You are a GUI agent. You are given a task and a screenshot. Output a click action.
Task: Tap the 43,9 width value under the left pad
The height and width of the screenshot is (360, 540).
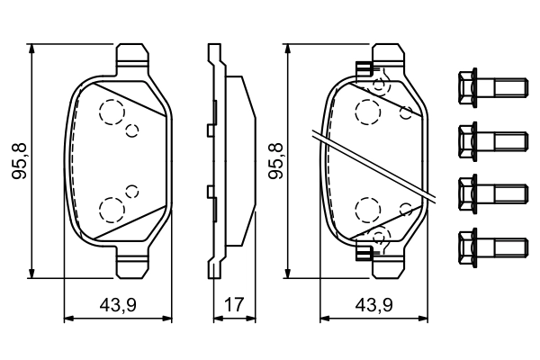click(x=118, y=305)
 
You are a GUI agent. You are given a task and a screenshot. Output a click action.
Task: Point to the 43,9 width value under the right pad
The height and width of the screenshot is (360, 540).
click(x=374, y=305)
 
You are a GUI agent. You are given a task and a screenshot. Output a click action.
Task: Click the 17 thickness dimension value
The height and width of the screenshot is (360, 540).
click(x=234, y=305)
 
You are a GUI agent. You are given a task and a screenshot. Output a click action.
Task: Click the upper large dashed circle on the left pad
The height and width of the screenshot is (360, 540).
click(x=112, y=112)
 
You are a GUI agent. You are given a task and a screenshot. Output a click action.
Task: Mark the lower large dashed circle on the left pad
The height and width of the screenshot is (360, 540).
click(x=112, y=210)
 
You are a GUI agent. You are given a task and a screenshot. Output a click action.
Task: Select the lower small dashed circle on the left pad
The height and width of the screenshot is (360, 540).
click(x=132, y=190)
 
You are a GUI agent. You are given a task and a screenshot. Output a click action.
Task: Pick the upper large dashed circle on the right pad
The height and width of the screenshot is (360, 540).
click(x=367, y=112)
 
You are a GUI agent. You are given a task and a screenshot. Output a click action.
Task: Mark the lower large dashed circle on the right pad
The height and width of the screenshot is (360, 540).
click(x=367, y=210)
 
